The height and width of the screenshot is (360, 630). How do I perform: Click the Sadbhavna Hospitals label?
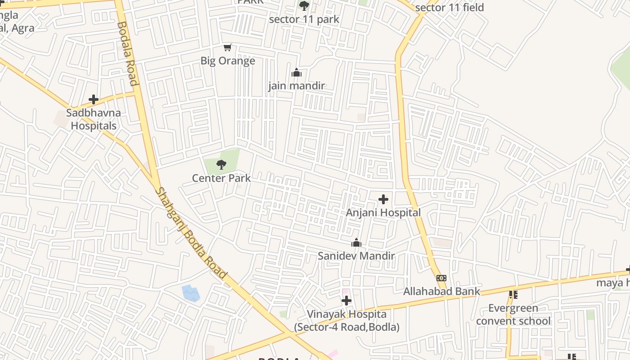pyautogui.click(x=94, y=119)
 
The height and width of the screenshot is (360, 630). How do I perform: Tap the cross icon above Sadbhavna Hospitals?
pyautogui.click(x=94, y=99)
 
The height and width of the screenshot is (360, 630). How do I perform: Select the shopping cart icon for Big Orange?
pyautogui.click(x=228, y=48)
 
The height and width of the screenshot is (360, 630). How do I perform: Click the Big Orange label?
pyautogui.click(x=228, y=61)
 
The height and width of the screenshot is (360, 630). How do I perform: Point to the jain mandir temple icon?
pyautogui.click(x=297, y=72)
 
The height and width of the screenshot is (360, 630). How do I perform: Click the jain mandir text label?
pyautogui.click(x=297, y=85)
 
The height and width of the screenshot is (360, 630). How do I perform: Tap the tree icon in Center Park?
pyautogui.click(x=221, y=165)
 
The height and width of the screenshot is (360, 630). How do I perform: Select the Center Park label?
pyautogui.click(x=221, y=178)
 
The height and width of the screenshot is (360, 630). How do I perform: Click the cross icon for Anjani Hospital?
pyautogui.click(x=383, y=199)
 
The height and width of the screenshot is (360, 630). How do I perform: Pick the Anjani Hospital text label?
pyautogui.click(x=383, y=212)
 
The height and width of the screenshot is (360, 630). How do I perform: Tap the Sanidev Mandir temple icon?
pyautogui.click(x=356, y=243)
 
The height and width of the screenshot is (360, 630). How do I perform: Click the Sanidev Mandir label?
pyautogui.click(x=356, y=256)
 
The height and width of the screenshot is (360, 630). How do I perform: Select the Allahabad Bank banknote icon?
pyautogui.click(x=441, y=278)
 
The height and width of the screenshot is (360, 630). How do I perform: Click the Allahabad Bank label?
pyautogui.click(x=441, y=291)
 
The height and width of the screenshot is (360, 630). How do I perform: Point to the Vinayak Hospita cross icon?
pyautogui.click(x=346, y=301)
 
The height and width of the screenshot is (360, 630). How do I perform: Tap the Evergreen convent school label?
pyautogui.click(x=513, y=315)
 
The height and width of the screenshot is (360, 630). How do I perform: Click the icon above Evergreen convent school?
pyautogui.click(x=513, y=295)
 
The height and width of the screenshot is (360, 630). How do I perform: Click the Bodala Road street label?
pyautogui.click(x=126, y=53)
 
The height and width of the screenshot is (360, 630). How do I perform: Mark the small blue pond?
pyautogui.click(x=191, y=293)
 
